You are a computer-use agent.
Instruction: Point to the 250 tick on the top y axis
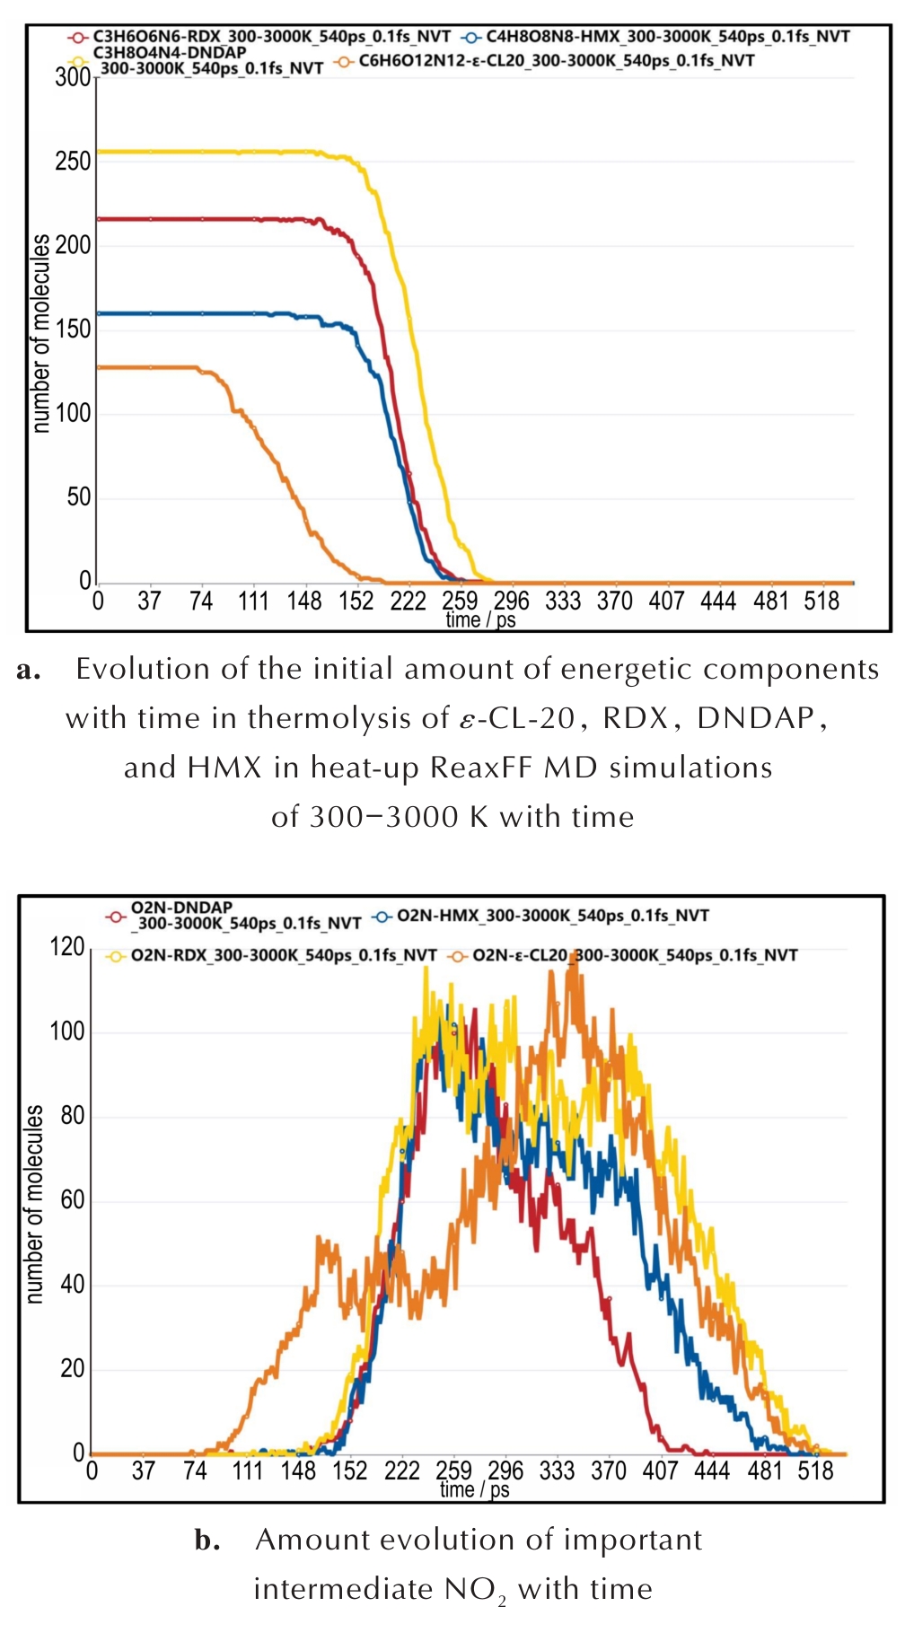point(73,162)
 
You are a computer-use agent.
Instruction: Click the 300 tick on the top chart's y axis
point(73,77)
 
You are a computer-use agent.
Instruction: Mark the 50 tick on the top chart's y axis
point(78,497)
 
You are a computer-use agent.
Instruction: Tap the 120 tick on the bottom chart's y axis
point(67,947)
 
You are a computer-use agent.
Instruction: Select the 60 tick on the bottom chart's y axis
point(73,1200)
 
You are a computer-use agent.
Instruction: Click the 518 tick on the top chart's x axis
point(821,601)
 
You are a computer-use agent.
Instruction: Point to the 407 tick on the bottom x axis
point(660,1471)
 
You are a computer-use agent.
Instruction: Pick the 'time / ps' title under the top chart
point(480,619)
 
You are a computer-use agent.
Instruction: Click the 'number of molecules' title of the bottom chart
point(34,1204)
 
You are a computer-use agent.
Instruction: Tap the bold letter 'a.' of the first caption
point(29,670)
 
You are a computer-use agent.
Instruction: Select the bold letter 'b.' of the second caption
point(207,1541)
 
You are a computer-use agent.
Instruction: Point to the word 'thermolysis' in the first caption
point(347,718)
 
